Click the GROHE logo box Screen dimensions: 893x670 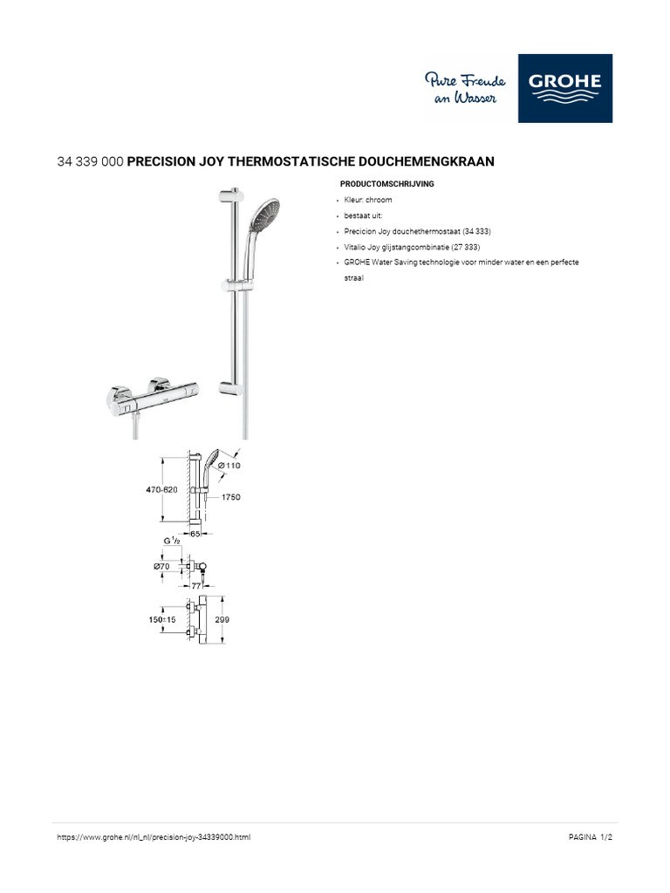[565, 88]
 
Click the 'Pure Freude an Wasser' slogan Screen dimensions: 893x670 [465, 89]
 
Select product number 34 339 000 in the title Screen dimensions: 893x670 [90, 161]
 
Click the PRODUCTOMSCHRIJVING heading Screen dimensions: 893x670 [386, 185]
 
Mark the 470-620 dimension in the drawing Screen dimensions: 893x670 [161, 490]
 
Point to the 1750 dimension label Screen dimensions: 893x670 [229, 497]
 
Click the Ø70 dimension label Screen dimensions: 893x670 [161, 566]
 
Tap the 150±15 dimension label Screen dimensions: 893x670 [162, 619]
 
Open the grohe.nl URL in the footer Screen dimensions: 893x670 [154, 837]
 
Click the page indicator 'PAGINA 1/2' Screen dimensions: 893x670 [591, 837]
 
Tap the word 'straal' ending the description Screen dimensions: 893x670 [353, 278]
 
